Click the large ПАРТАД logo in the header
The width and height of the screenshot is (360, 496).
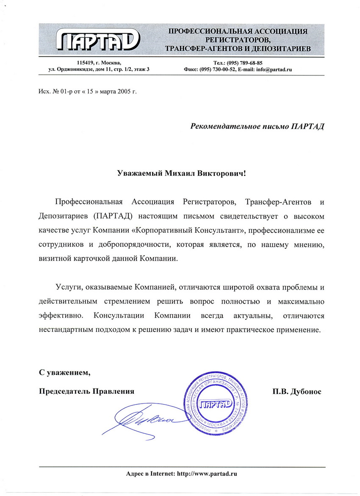(x=97, y=40)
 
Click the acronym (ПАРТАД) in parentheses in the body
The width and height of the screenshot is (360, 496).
(x=112, y=216)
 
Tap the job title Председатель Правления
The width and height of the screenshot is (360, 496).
(x=86, y=392)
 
